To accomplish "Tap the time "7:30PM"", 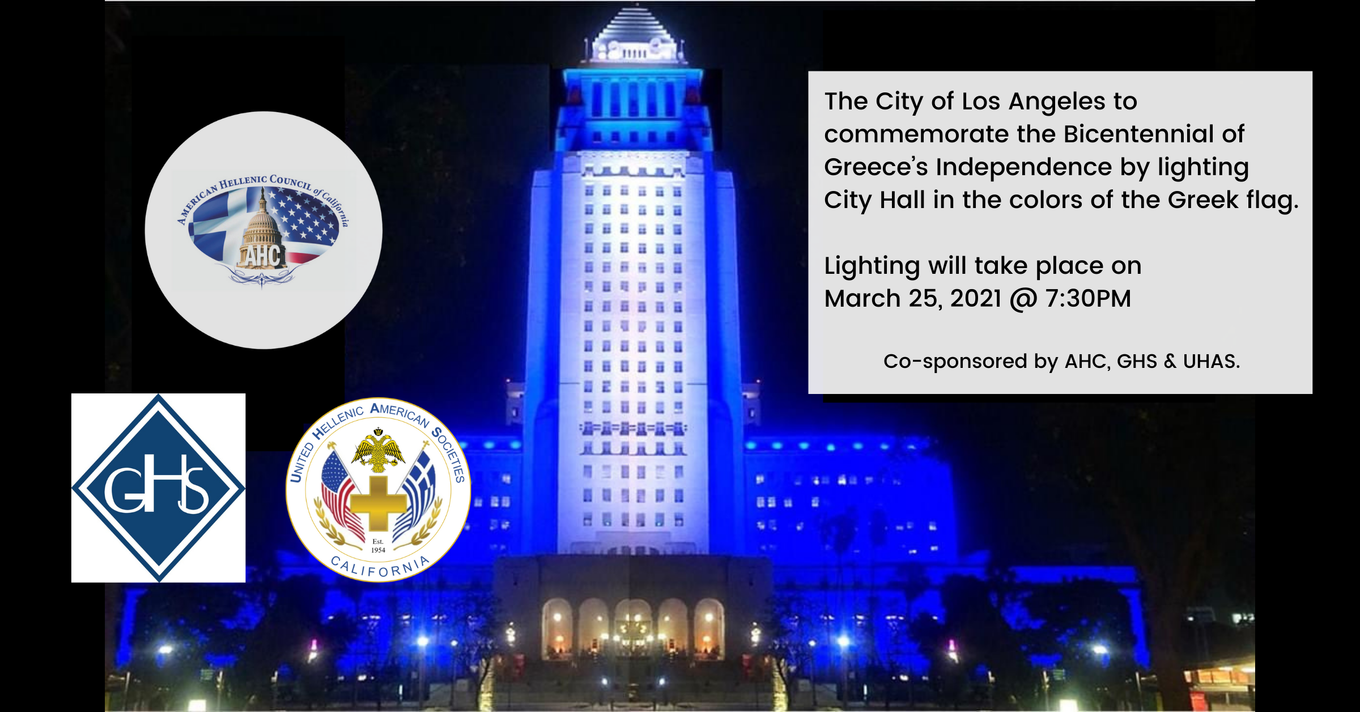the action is click(1088, 299).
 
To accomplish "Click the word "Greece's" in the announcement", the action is click(876, 167).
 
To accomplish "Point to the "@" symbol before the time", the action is click(1023, 300).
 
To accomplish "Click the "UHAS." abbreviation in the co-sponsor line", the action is click(1212, 361).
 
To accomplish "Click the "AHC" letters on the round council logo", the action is click(262, 256).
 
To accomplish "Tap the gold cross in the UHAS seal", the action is click(378, 503).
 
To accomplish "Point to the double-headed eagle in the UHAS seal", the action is click(378, 451).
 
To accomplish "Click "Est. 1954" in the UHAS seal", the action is click(378, 545).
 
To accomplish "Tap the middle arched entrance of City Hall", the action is click(633, 628).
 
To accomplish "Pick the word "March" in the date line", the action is click(862, 299).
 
